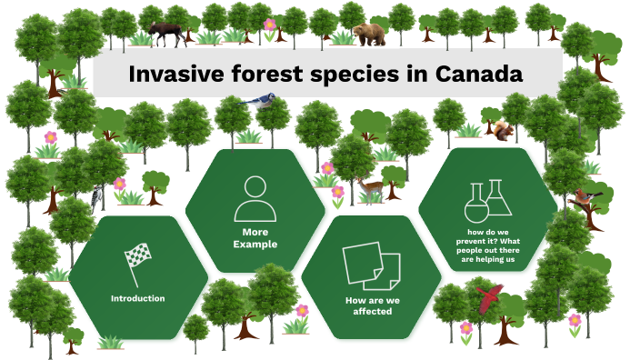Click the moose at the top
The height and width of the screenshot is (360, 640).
pyautogui.click(x=166, y=33)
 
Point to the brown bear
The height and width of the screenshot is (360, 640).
pyautogui.click(x=369, y=34)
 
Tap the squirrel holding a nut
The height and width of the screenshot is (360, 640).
pyautogui.click(x=503, y=131)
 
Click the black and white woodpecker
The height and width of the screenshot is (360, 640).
pyautogui.click(x=97, y=196)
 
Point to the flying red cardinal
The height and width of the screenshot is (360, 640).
pyautogui.click(x=490, y=295)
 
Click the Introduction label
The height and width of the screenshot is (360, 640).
pyautogui.click(x=137, y=298)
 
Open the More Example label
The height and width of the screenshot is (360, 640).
pyautogui.click(x=254, y=238)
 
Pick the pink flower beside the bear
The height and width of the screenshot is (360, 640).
pyautogui.click(x=270, y=25)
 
